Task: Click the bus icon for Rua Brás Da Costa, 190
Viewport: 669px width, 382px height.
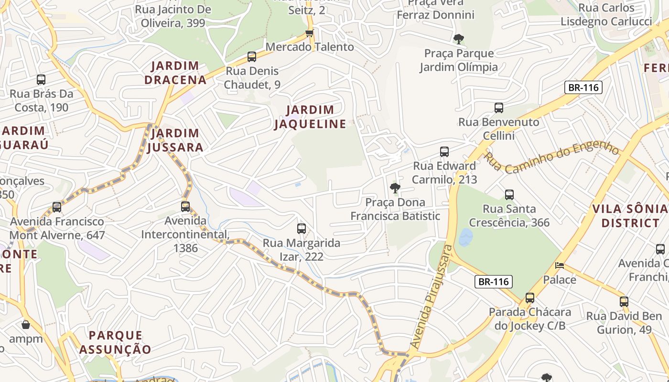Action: (41, 80)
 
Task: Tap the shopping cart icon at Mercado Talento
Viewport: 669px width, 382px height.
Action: (310, 33)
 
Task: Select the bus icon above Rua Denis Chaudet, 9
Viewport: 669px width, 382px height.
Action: (252, 57)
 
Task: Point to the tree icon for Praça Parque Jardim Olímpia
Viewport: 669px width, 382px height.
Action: (459, 39)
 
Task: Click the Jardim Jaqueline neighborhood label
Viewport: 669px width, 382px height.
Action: (310, 117)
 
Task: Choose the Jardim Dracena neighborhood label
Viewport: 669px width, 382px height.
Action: (175, 73)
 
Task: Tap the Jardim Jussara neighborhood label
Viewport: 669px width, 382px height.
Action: (175, 140)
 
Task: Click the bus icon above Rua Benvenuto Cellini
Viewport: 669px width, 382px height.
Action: (499, 108)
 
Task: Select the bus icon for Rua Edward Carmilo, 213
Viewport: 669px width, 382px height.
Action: (444, 152)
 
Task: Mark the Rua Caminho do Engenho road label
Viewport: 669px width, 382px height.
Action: (552, 156)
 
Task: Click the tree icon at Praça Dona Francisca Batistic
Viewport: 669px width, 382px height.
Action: (395, 188)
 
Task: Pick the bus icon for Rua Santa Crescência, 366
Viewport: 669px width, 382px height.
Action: (509, 195)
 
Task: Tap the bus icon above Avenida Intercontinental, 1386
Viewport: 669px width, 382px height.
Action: (185, 207)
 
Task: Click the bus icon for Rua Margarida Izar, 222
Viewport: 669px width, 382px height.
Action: (302, 229)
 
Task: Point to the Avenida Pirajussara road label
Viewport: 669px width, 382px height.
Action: (431, 296)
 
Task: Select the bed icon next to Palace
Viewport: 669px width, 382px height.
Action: (560, 265)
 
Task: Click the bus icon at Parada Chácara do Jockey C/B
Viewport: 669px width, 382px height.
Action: (530, 298)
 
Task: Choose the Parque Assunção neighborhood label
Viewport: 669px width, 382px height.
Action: (115, 342)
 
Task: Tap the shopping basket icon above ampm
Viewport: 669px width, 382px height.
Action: (26, 325)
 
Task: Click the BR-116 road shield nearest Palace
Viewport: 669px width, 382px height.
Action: (494, 282)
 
